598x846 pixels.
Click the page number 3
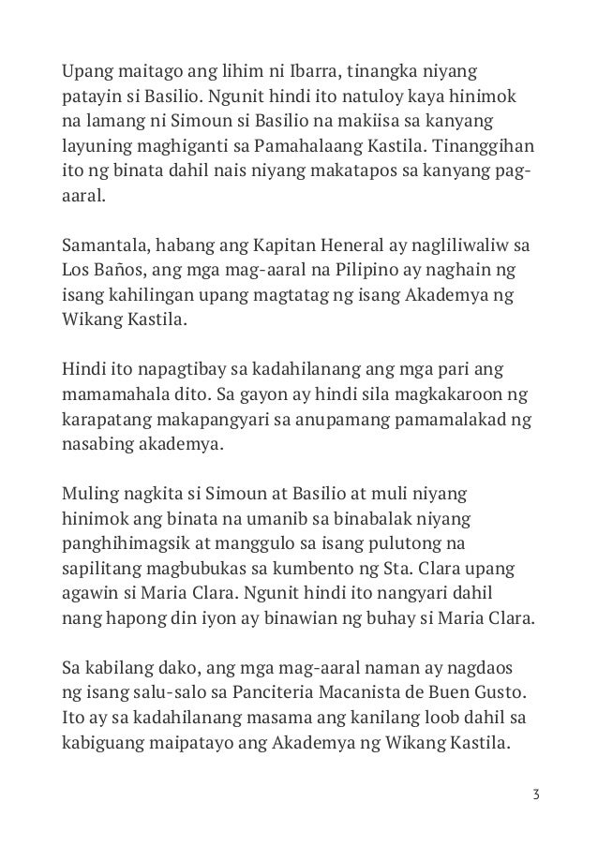point(534,795)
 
